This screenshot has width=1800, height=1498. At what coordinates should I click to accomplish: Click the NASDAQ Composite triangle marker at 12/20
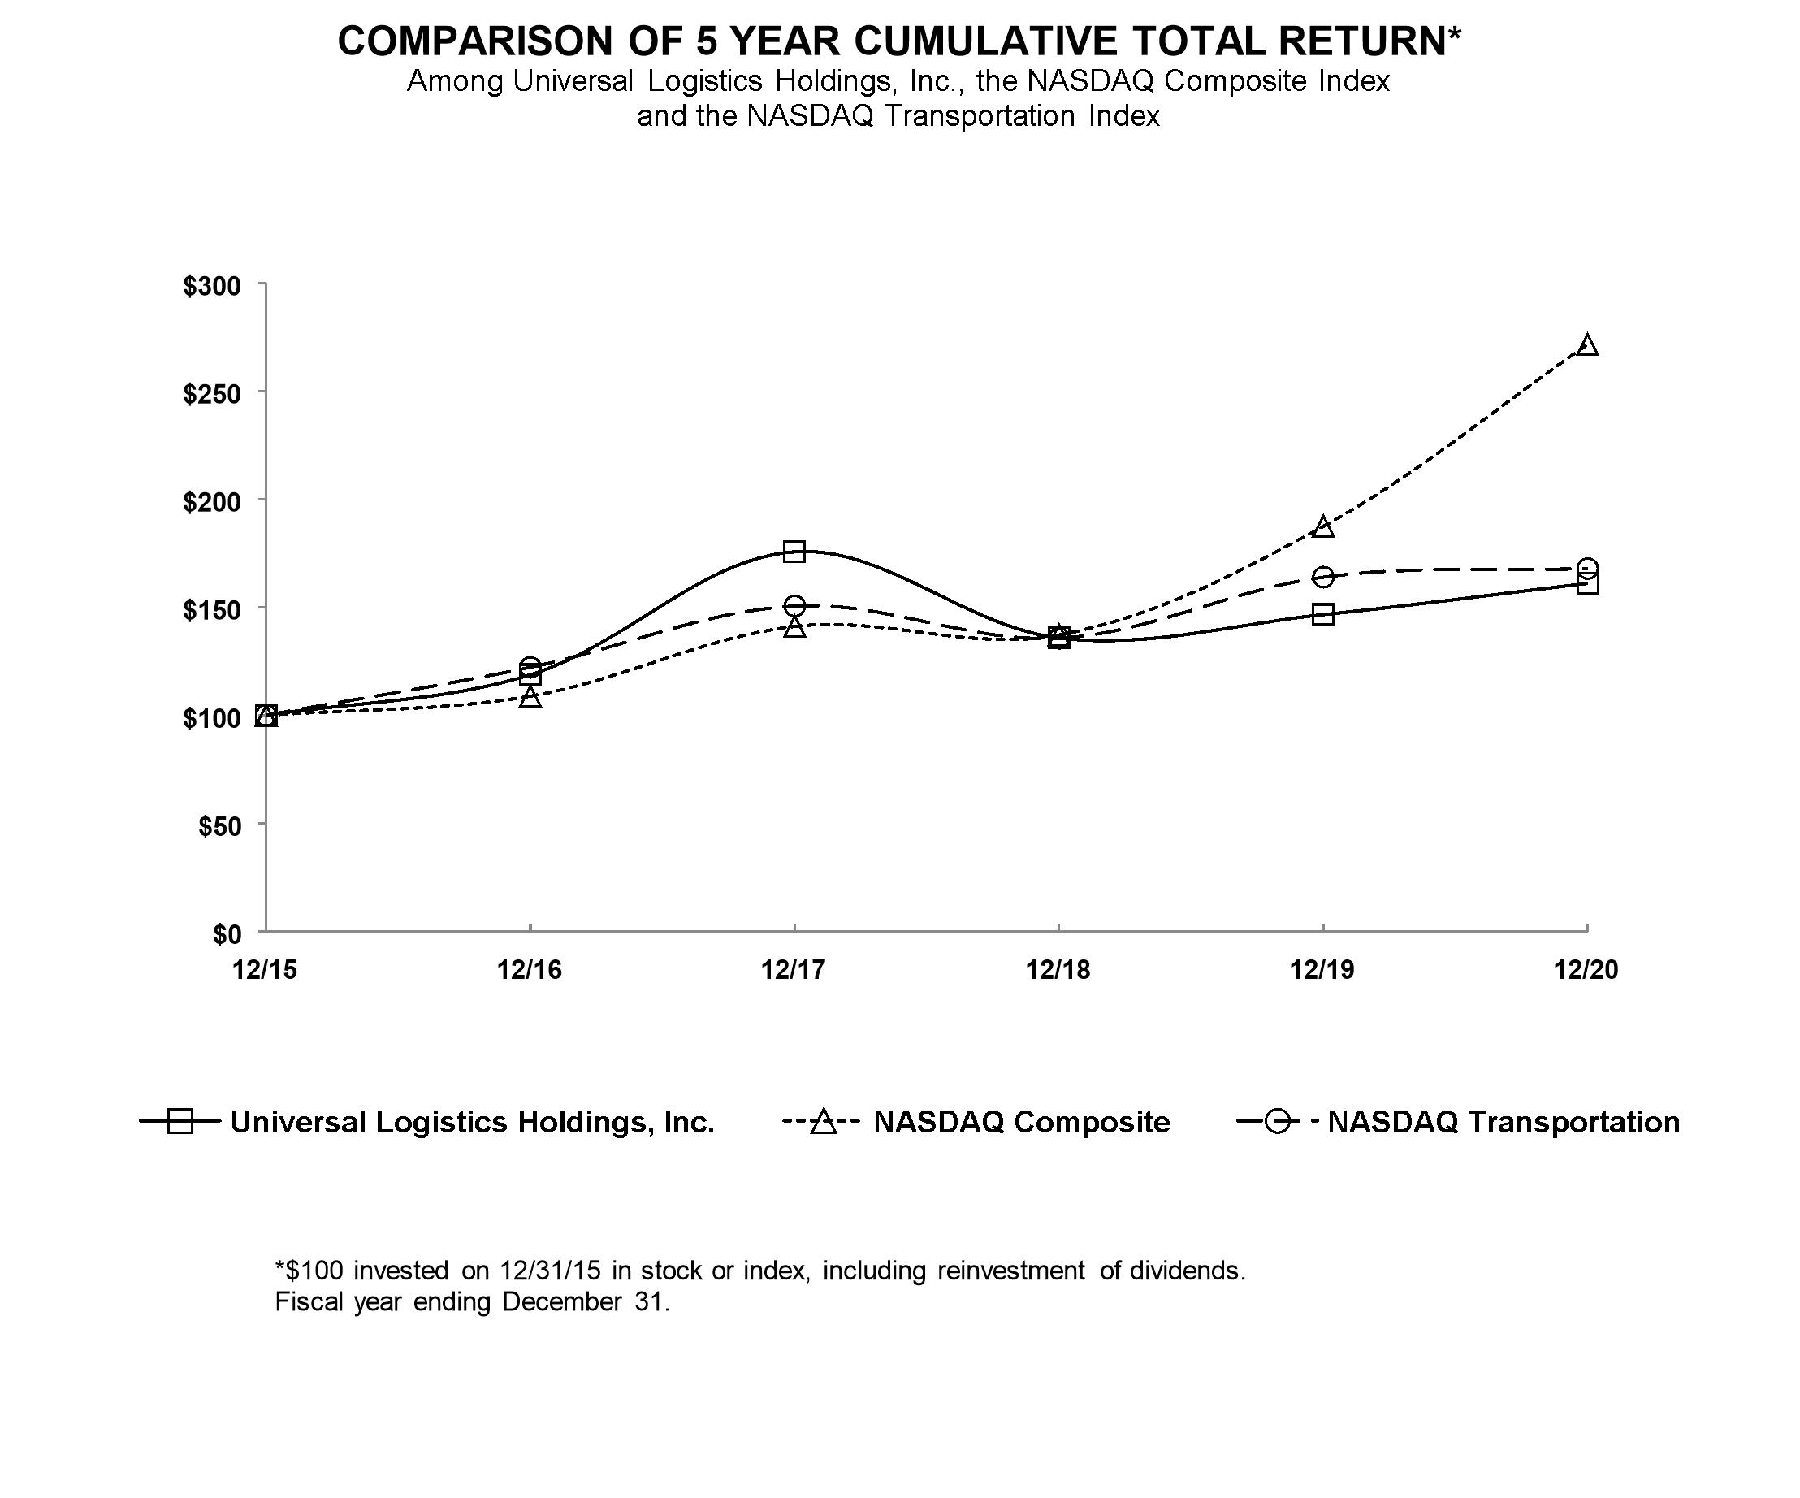[1586, 344]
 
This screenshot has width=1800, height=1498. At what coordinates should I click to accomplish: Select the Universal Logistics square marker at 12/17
[794, 551]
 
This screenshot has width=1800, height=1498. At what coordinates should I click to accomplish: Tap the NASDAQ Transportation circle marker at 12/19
[1322, 576]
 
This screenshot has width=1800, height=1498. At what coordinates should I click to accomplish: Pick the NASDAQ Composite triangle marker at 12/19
[1322, 526]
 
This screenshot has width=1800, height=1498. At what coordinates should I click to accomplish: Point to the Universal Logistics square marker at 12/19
[1322, 614]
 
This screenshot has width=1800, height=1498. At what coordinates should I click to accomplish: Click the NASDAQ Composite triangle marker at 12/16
[530, 696]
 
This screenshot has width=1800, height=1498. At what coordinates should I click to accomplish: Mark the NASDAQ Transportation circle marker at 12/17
[794, 605]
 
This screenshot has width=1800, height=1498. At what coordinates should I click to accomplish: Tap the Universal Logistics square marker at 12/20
[1586, 583]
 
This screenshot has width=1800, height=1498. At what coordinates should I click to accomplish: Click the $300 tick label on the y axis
[212, 285]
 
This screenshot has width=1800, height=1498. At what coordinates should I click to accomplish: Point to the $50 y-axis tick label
[219, 825]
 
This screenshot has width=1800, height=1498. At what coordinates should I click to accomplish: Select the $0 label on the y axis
[227, 933]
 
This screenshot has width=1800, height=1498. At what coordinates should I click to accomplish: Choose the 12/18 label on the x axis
[1058, 969]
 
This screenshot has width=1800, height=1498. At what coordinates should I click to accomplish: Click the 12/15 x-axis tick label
[266, 969]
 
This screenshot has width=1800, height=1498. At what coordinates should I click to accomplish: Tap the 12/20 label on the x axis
[1586, 969]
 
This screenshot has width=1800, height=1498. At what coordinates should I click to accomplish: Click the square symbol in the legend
[180, 1121]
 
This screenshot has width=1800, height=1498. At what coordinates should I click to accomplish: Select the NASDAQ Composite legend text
[1022, 1122]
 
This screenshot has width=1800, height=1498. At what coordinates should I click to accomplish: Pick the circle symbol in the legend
[1277, 1121]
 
